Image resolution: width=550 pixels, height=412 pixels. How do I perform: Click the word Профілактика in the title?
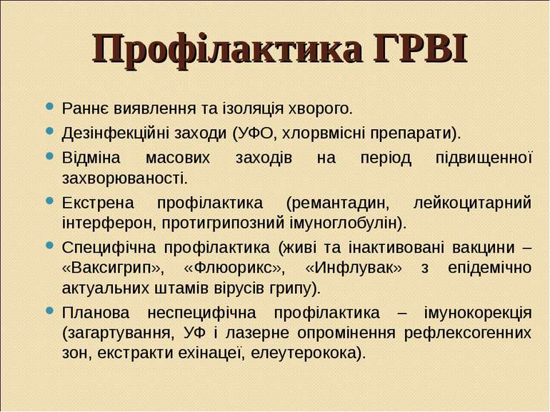click(x=227, y=49)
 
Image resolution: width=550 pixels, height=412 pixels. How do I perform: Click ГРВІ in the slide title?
click(x=421, y=48)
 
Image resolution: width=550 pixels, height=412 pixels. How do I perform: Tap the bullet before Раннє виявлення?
click(x=50, y=106)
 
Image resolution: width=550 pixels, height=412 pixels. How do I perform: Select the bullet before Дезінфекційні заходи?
click(x=50, y=131)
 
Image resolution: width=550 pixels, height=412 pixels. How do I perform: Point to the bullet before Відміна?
click(x=50, y=156)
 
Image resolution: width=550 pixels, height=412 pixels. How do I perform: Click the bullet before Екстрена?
click(x=50, y=201)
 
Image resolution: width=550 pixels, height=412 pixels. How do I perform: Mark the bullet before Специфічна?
click(x=50, y=246)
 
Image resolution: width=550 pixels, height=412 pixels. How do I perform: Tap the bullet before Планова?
click(x=50, y=311)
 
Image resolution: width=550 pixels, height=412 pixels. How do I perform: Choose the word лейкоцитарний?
click(x=472, y=203)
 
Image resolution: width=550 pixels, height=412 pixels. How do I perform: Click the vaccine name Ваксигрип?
click(x=111, y=268)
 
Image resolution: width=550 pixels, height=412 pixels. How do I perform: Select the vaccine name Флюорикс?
click(x=233, y=268)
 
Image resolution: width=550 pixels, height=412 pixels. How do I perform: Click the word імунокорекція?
click(x=478, y=313)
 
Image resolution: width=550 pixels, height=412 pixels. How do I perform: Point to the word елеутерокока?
click(x=304, y=353)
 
